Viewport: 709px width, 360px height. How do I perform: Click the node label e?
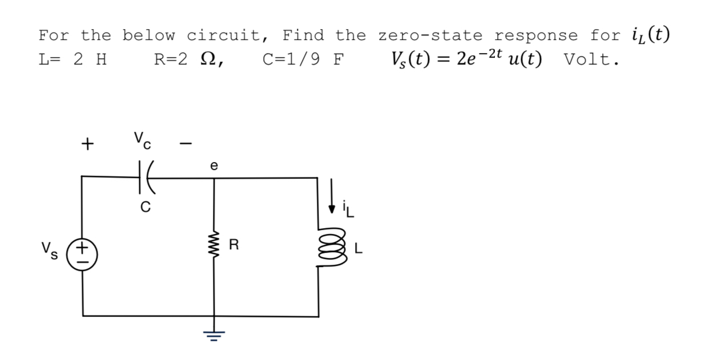[x=213, y=166]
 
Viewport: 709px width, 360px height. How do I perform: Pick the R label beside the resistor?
[x=233, y=246]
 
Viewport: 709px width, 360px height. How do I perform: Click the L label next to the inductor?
[x=358, y=249]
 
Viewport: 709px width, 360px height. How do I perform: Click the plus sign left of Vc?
[x=86, y=144]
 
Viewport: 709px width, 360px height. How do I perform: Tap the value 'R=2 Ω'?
[x=188, y=60]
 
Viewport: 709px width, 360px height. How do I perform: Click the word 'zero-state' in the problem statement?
[x=429, y=35]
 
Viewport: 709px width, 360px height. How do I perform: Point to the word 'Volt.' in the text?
[x=591, y=60]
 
